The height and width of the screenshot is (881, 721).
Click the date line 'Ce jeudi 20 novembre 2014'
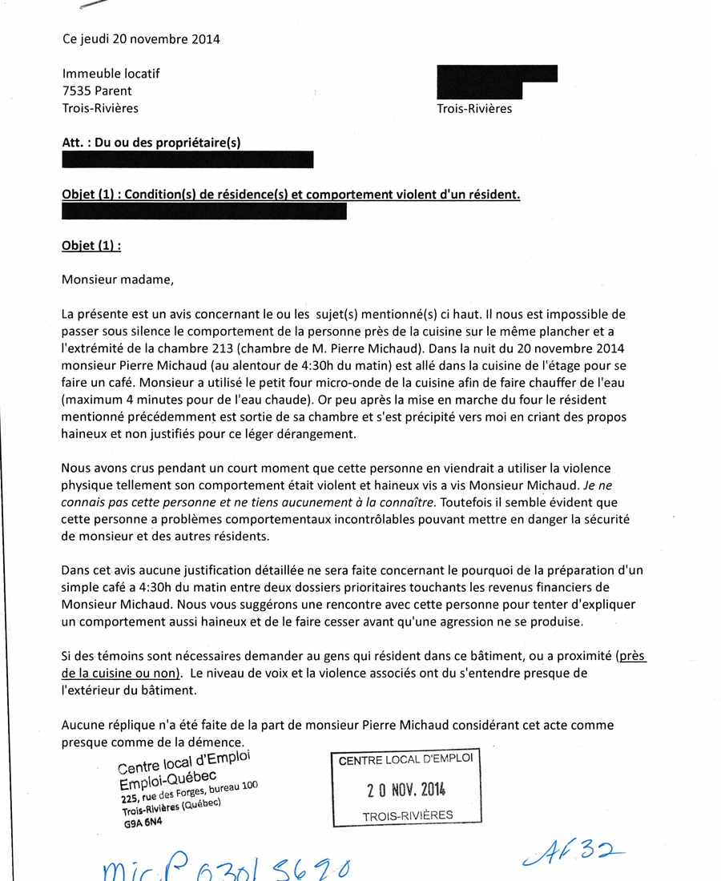(x=141, y=38)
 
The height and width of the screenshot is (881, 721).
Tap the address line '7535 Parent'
(x=97, y=91)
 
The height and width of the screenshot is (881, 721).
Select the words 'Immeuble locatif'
(x=111, y=73)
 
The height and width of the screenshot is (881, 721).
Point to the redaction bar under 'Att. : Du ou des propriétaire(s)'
(x=187, y=159)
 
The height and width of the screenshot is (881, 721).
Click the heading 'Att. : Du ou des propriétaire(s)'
(x=151, y=143)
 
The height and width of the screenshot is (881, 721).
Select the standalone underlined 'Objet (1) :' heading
(x=91, y=246)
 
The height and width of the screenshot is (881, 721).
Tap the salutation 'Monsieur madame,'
(x=117, y=280)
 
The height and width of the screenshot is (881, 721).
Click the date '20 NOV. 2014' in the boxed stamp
(x=406, y=790)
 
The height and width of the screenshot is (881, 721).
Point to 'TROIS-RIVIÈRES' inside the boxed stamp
(x=407, y=816)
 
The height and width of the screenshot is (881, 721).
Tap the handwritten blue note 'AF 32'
(x=572, y=855)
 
